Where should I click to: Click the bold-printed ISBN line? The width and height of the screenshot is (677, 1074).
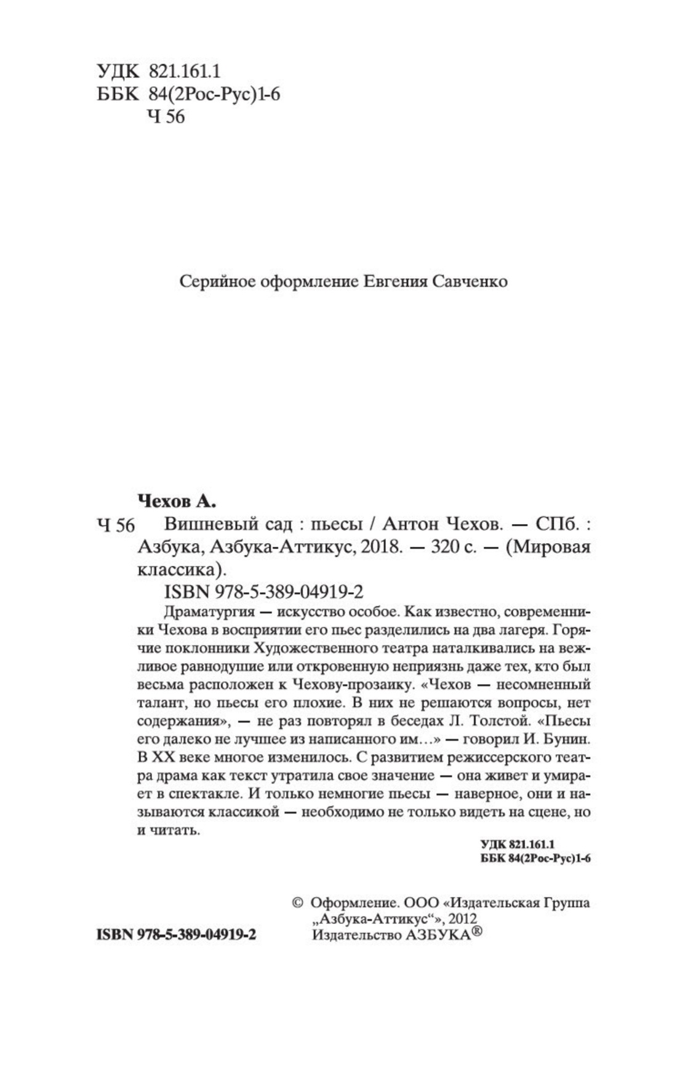(176, 934)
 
